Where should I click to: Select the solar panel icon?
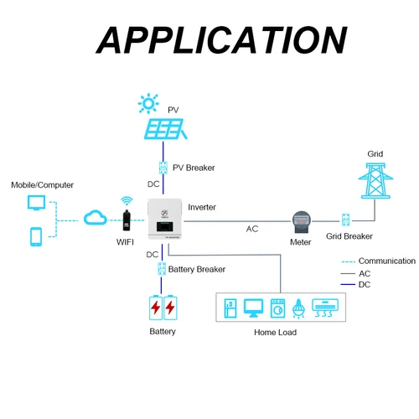(165, 129)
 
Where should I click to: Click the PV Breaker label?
(193, 168)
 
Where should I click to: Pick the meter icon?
(301, 221)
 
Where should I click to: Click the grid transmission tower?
(375, 178)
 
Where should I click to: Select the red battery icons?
(163, 308)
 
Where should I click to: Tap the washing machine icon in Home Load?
(277, 308)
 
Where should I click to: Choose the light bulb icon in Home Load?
(299, 308)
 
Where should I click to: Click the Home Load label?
(275, 333)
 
